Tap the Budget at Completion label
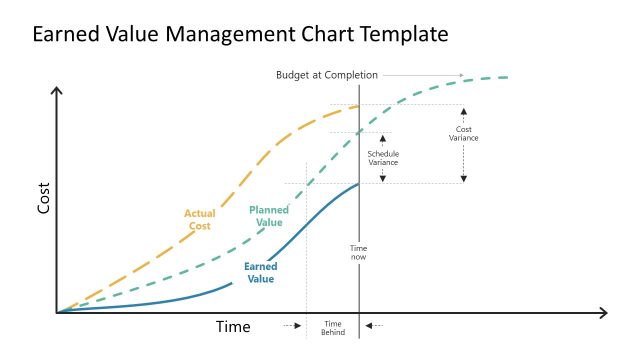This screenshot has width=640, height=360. [x=326, y=75]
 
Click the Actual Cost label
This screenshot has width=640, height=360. [x=199, y=219]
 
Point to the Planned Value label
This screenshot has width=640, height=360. [x=268, y=216]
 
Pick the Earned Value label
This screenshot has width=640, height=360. [x=260, y=273]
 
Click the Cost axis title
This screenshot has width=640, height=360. [x=43, y=201]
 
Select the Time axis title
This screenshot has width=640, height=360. [x=233, y=327]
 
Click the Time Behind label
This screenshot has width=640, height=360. [x=333, y=328]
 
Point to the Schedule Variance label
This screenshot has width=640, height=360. [x=383, y=157]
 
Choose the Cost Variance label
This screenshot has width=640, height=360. [x=464, y=134]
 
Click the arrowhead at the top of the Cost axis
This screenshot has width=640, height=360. [x=57, y=92]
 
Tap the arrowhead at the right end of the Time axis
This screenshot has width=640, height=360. [x=603, y=313]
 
